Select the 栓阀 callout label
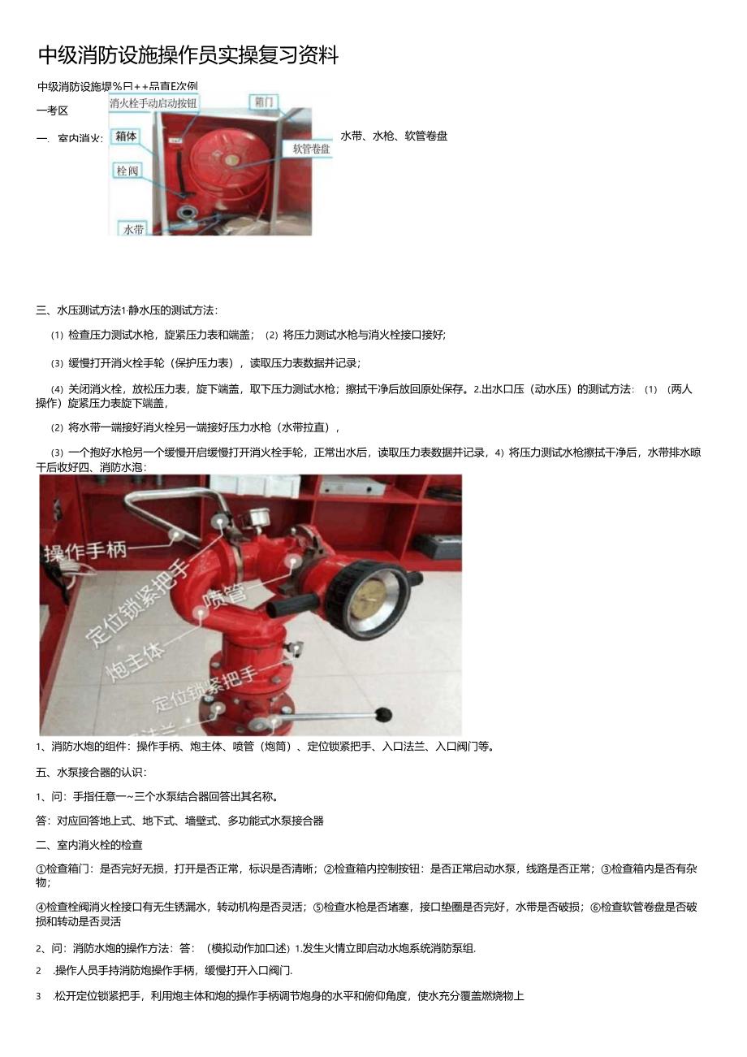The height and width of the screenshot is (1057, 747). tap(127, 171)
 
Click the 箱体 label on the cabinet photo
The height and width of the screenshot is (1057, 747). tap(126, 136)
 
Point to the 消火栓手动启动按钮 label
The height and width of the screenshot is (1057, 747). tap(153, 103)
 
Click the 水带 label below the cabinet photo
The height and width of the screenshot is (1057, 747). tap(133, 229)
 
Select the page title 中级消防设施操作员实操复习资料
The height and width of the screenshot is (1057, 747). tap(188, 55)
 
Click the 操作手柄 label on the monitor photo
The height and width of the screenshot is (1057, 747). tap(86, 552)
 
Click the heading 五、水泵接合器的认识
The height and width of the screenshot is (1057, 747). tap(91, 772)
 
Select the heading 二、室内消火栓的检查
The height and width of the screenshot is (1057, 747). tap(89, 845)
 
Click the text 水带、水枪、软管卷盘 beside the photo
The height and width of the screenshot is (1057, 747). tap(394, 136)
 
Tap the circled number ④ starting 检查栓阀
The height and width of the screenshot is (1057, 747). tap(41, 907)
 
